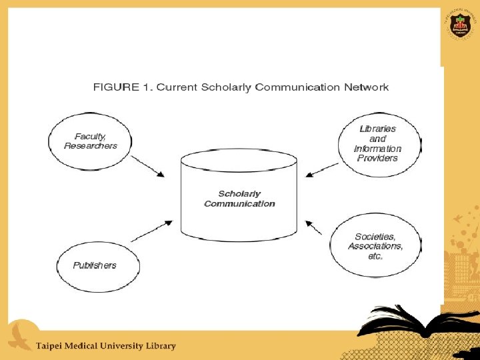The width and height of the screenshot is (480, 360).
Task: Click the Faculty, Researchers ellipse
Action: [90, 141]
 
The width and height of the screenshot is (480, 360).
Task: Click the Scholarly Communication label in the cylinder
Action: [239, 199]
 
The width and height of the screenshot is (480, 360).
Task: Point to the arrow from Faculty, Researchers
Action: [148, 167]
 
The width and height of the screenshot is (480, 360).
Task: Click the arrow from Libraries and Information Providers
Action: [322, 171]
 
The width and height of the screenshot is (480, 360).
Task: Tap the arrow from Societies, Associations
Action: [314, 228]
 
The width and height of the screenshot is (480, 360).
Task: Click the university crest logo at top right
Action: [459, 25]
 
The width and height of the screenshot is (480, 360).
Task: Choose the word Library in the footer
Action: [160, 346]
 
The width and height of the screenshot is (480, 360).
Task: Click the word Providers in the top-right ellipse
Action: [377, 159]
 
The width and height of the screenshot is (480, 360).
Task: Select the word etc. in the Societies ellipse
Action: [375, 256]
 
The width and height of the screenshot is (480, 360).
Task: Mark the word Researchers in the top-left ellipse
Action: [90, 146]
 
